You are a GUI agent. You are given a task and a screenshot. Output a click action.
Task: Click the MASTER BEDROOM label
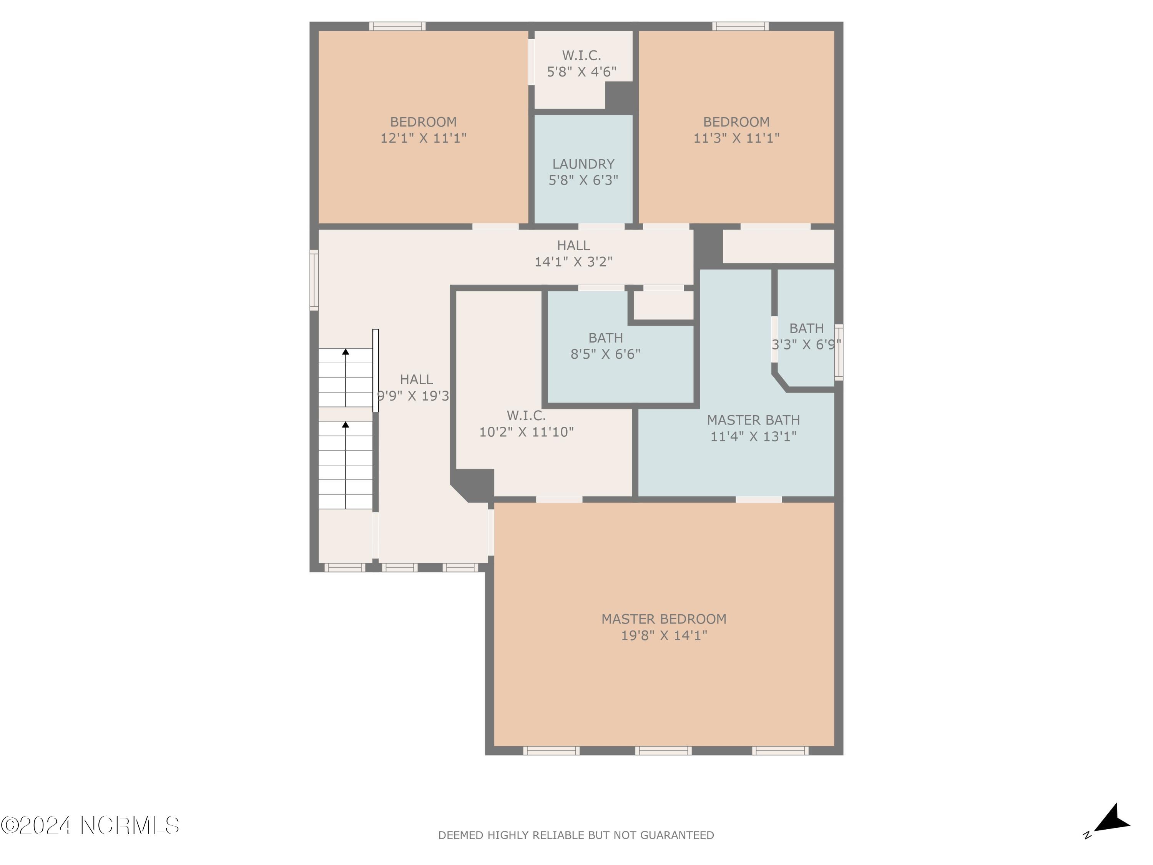coord(663,619)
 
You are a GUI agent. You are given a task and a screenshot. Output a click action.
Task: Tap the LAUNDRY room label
coord(583,164)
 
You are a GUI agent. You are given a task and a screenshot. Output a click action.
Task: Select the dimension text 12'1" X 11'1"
coord(423,138)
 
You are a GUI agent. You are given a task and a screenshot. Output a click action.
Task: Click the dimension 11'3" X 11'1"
coord(736,138)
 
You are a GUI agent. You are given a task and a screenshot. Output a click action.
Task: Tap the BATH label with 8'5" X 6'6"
coord(605,338)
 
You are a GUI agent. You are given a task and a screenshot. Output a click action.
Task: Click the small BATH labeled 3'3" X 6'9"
coord(806,328)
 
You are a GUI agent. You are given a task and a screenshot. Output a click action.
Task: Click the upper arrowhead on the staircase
coord(346,352)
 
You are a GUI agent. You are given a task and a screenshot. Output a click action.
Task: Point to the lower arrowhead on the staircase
coord(346,424)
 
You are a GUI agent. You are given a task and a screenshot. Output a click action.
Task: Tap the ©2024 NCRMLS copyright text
coord(90,825)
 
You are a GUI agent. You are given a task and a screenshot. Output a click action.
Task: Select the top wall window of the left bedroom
coord(397,26)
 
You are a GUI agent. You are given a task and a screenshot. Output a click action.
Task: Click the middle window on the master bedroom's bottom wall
coord(663,750)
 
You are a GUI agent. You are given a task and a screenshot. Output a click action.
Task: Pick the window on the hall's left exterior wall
coord(314,280)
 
